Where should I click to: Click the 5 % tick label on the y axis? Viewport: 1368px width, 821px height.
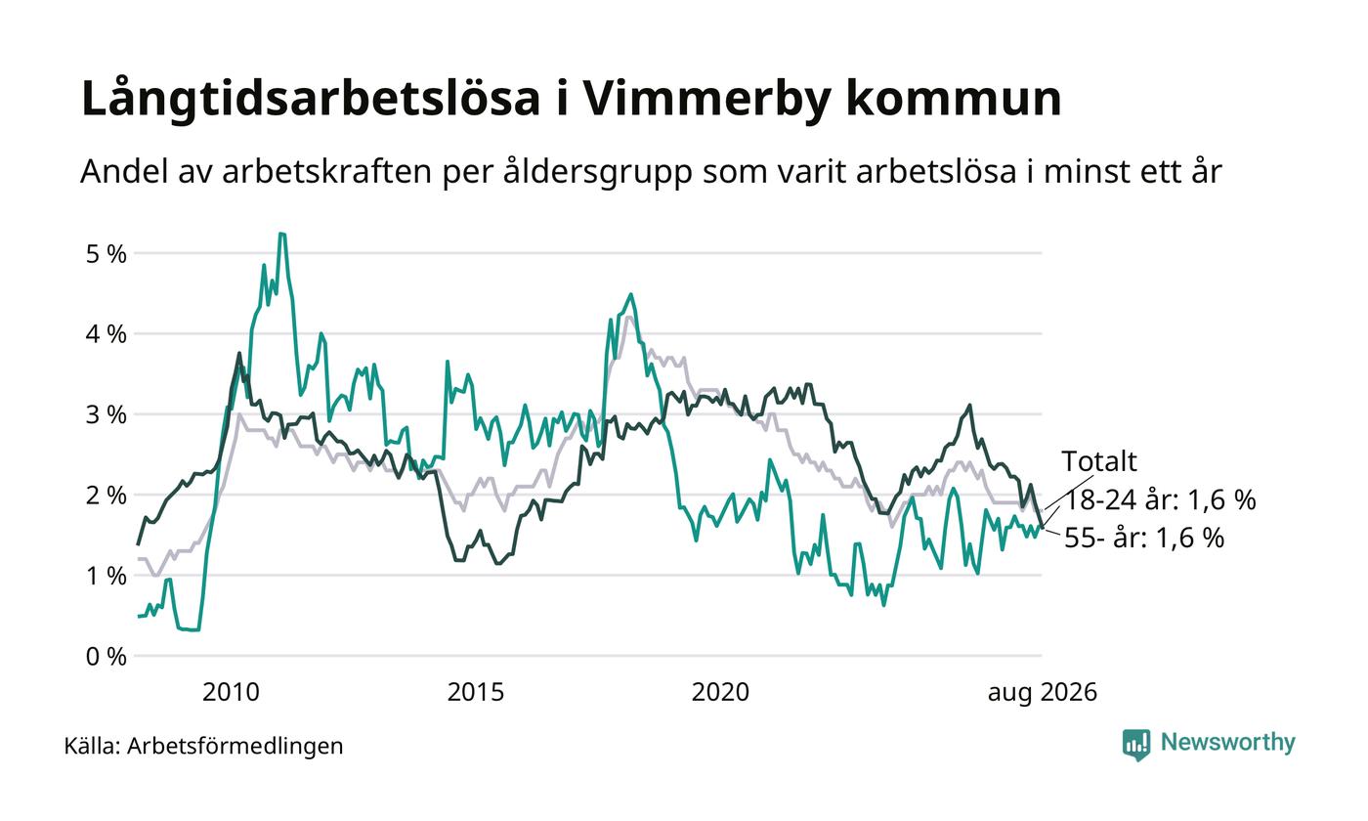(x=107, y=254)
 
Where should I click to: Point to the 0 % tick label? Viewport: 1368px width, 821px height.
(x=107, y=657)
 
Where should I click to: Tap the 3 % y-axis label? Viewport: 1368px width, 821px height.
(x=107, y=415)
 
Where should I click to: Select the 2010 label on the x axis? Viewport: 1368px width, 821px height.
(x=231, y=693)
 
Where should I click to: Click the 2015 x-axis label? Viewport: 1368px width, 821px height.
(x=476, y=693)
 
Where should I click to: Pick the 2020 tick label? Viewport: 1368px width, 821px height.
(x=720, y=693)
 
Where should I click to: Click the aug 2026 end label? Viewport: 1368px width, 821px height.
(x=1043, y=693)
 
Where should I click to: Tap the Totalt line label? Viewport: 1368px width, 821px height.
(x=1099, y=461)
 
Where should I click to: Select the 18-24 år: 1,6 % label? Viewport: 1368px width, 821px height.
(x=1161, y=500)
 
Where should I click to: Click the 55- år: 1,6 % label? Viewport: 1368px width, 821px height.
(x=1144, y=539)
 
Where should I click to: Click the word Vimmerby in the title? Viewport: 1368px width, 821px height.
(x=707, y=99)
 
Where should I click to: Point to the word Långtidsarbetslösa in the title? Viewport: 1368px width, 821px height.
(x=311, y=98)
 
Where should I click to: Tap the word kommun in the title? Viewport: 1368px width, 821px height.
(x=954, y=98)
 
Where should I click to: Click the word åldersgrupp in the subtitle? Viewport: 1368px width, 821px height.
(x=597, y=172)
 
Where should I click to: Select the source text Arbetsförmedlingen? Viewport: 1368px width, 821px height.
(x=235, y=747)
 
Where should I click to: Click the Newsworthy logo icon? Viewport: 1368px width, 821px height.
(x=1135, y=745)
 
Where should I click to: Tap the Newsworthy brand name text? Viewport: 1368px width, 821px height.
(x=1227, y=743)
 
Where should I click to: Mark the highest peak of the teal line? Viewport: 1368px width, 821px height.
(x=281, y=234)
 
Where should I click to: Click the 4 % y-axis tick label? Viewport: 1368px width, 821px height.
(x=107, y=334)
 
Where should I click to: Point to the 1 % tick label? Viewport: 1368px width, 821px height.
(x=107, y=577)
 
